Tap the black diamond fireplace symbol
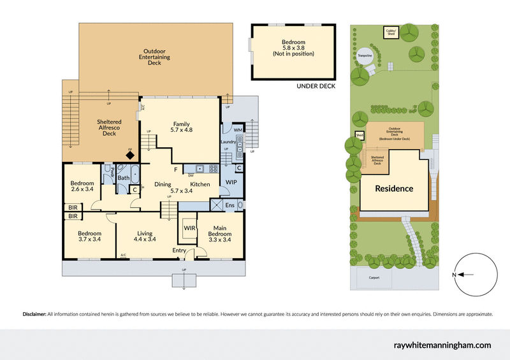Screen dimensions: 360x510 click(x=129, y=155)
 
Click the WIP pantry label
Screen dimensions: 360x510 click(x=231, y=182)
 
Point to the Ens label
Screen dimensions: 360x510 click(x=229, y=205)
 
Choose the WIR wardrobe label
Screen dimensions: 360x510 click(x=189, y=227)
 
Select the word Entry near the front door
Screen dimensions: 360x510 click(x=180, y=250)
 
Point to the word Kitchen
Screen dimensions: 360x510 click(x=200, y=185)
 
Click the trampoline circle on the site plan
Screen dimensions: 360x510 click(x=365, y=55)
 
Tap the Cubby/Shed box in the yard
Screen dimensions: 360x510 click(x=391, y=32)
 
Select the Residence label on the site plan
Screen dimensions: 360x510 click(x=393, y=189)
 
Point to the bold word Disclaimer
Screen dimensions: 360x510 click(x=34, y=314)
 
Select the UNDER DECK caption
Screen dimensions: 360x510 click(x=316, y=86)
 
